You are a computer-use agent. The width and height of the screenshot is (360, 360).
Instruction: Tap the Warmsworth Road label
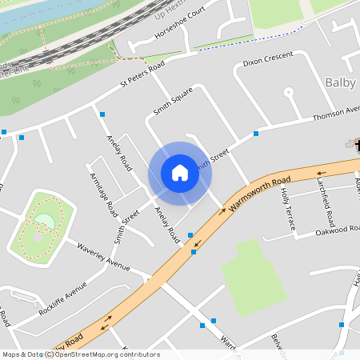(x=259, y=195)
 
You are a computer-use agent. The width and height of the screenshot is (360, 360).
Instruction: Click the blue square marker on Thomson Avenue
(x=256, y=133)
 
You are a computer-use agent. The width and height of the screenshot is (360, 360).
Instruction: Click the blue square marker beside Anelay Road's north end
(x=102, y=115)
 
